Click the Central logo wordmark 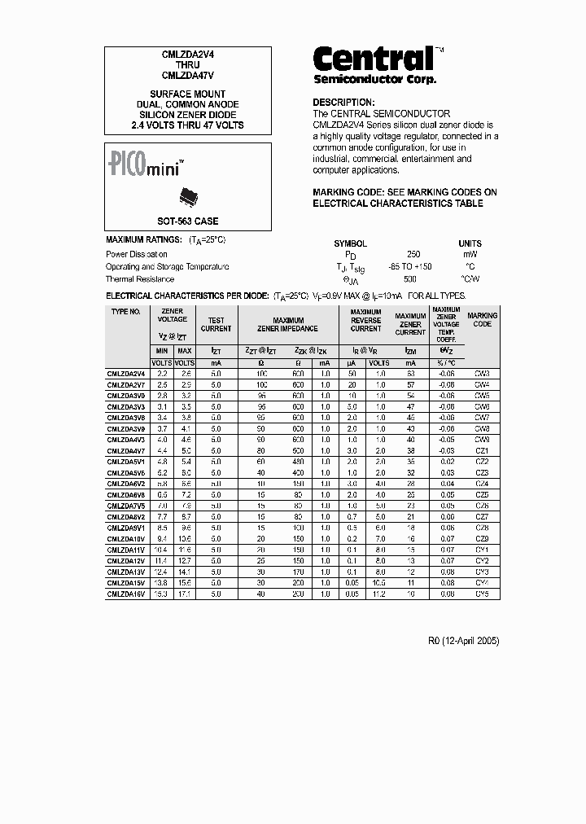click(373, 58)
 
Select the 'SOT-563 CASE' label click(187, 221)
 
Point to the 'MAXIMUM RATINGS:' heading click(144, 241)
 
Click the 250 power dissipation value click(413, 254)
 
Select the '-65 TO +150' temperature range click(410, 267)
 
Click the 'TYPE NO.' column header click(126, 312)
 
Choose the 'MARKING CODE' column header click(482, 319)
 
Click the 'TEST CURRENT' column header click(216, 325)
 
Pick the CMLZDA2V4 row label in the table click(126, 373)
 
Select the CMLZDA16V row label click(126, 594)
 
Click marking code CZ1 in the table click(482, 450)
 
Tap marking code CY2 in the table click(482, 561)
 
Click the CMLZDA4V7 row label click(126, 450)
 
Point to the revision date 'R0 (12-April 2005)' click(464, 641)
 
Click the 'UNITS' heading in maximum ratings click(470, 243)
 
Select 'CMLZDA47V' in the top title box click(187, 75)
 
